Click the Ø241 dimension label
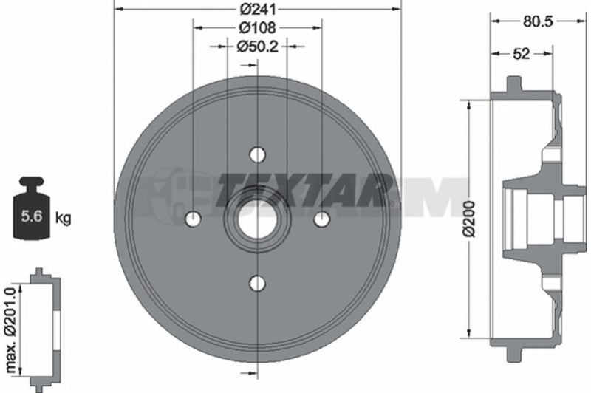[x=258, y=9]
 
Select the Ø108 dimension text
[x=258, y=27]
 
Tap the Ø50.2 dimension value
[x=257, y=47]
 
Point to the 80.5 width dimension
[x=538, y=21]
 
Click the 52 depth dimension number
[x=522, y=54]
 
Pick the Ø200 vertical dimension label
[x=470, y=219]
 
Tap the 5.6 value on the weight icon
[x=31, y=216]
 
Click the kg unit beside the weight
[x=64, y=218]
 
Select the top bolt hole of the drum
[x=258, y=154]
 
